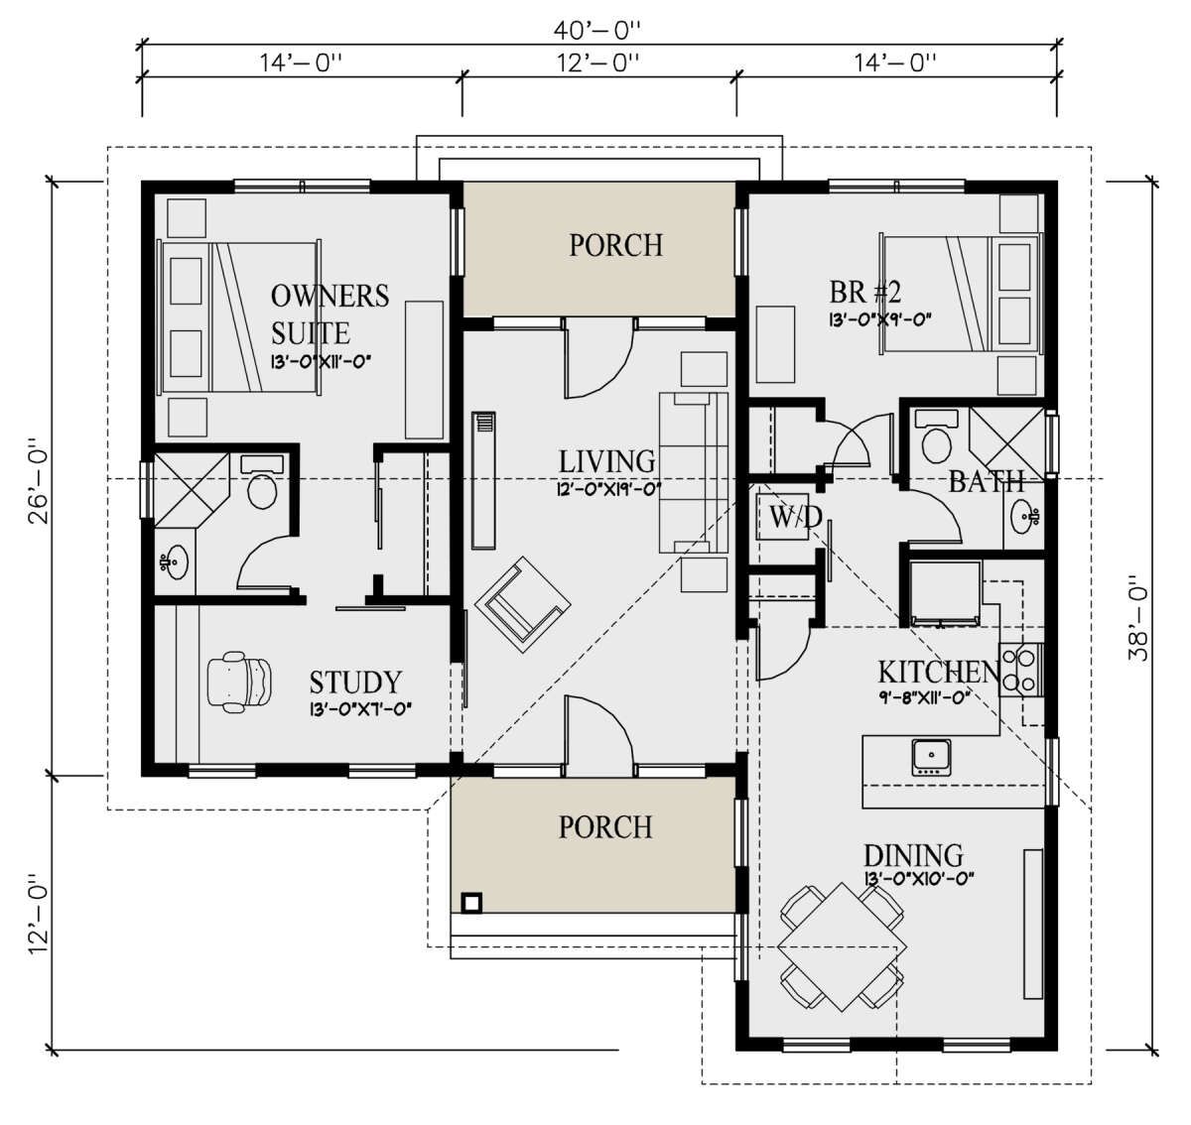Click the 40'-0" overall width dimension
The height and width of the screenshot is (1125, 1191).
[596, 29]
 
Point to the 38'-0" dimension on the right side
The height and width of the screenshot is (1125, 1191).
[1138, 619]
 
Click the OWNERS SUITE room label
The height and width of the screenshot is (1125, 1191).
[330, 314]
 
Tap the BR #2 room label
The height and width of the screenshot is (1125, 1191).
[865, 293]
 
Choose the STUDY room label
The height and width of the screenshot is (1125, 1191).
[355, 683]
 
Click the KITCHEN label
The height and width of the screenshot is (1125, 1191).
[939, 673]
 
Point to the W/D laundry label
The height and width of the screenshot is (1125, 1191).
[795, 516]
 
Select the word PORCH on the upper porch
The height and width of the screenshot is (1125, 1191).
[616, 245]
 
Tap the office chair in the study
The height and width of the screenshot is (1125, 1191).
[238, 683]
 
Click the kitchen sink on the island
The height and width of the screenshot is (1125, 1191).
[931, 757]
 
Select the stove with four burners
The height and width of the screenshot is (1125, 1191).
[1020, 670]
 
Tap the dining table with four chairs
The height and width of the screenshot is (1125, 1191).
[842, 948]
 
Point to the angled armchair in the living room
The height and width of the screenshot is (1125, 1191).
[523, 604]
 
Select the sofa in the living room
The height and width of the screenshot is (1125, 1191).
[693, 472]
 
